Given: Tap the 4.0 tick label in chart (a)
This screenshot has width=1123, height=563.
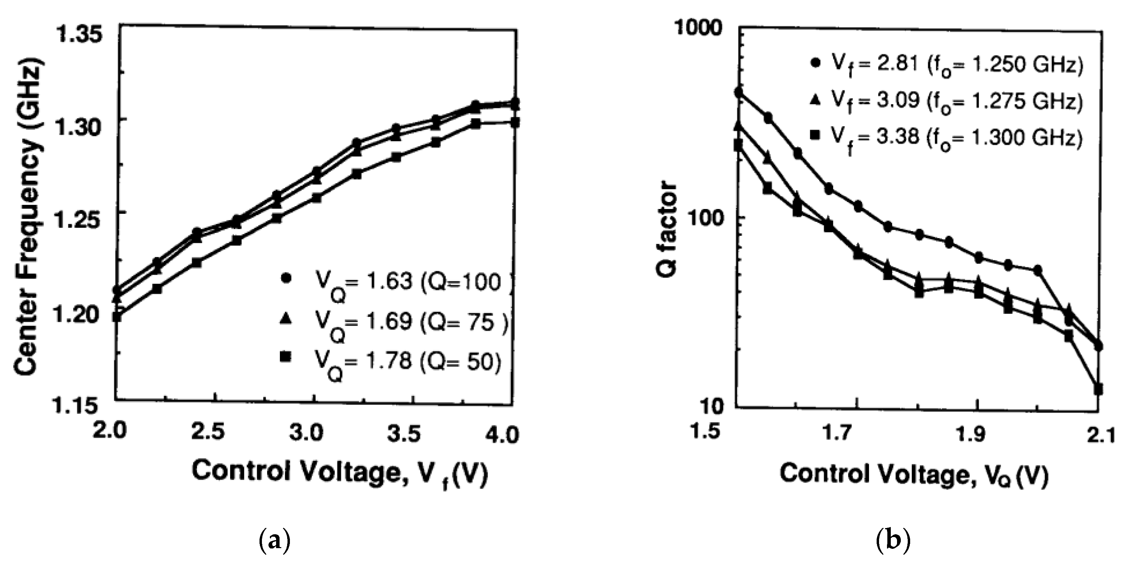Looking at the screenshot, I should [502, 435].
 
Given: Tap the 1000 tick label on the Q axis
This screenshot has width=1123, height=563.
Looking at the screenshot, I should [698, 29].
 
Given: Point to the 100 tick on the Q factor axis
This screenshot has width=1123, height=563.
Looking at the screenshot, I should [704, 217].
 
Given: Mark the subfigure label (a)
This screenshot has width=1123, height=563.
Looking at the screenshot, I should [275, 541].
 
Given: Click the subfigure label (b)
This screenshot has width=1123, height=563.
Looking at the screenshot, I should [893, 541].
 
